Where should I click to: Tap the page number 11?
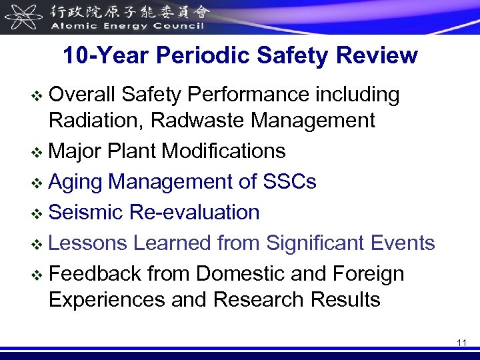(462, 343)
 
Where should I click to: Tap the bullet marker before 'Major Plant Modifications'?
(39, 152)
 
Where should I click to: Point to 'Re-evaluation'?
(195, 213)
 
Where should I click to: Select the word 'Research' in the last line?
(259, 299)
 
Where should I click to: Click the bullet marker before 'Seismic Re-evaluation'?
(39, 213)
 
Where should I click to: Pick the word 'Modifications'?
(224, 151)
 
